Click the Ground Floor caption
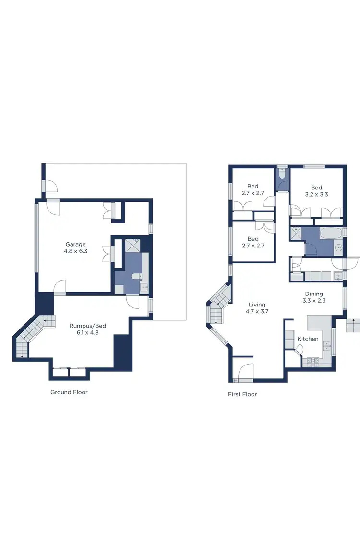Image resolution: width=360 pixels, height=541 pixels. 69,392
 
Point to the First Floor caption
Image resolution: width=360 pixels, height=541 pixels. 242,394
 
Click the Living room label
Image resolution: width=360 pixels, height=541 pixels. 257,305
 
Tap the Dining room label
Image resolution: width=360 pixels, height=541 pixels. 314,294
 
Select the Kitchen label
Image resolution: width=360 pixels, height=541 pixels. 308,339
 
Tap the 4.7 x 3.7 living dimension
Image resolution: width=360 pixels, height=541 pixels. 257,312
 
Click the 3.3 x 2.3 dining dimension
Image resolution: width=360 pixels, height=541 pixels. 314,301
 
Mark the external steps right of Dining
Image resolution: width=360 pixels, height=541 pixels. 353,326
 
